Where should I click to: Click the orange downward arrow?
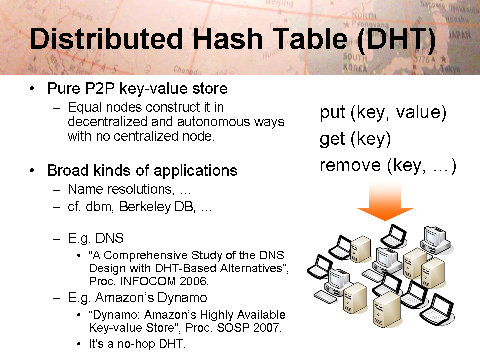coord(385,200)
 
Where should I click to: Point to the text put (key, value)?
coord(383,113)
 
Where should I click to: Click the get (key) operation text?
coord(355,139)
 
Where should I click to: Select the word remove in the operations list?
coord(350,165)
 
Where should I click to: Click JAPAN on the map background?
coord(459,35)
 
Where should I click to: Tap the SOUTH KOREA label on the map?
coord(355,62)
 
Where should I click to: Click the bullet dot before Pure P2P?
coord(32,89)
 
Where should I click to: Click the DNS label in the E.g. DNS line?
coord(109,238)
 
